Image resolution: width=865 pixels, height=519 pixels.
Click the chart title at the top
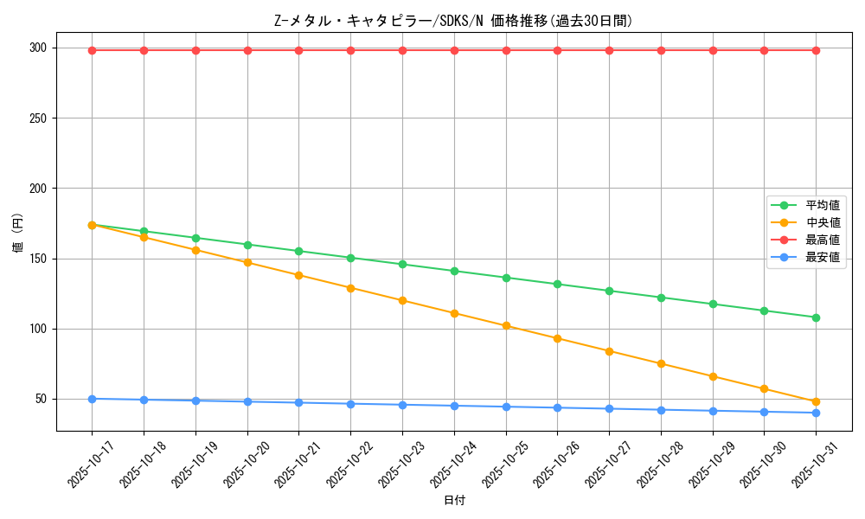point(453,21)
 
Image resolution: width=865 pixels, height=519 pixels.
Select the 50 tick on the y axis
point(41,399)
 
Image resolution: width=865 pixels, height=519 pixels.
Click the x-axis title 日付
point(454,501)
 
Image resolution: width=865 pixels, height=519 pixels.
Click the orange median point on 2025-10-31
point(816,401)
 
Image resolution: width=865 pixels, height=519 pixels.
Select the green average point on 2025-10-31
point(816,317)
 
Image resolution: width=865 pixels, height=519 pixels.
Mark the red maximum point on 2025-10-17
point(92,50)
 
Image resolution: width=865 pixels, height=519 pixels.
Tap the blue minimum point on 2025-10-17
point(92,399)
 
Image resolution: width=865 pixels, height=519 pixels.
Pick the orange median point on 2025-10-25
point(506,326)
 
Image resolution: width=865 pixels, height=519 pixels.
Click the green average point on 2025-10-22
point(350,258)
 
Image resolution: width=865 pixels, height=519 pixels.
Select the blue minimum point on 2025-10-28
point(661,410)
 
